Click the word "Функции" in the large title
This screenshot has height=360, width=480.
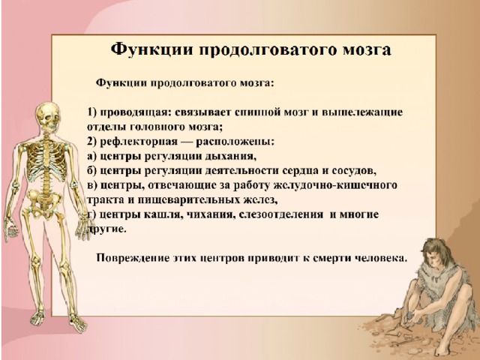151,49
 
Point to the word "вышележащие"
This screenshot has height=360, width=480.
362,112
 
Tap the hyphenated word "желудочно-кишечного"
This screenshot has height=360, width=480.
335,185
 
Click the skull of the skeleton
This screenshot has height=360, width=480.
48,115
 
